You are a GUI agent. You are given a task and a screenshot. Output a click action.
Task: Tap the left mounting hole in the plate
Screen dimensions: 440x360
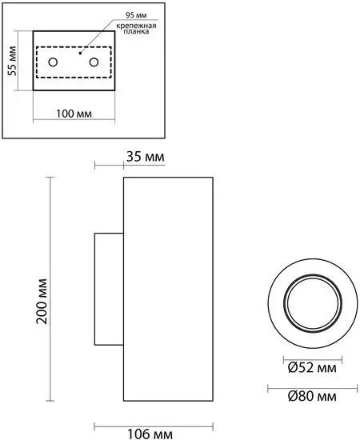pos(53,62)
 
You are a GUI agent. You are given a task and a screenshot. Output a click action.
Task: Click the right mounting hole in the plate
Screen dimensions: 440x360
pos(94,62)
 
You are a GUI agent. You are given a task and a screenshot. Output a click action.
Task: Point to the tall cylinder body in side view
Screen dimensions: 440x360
pos(167,288)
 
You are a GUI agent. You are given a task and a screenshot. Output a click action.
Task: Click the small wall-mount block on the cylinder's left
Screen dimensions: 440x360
pos(108,288)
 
